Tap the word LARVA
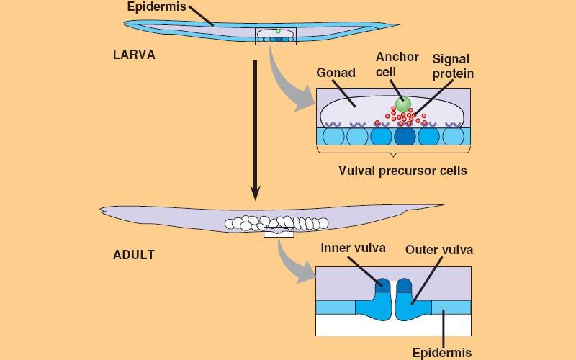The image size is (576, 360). click(x=134, y=55)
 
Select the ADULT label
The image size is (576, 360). click(x=133, y=254)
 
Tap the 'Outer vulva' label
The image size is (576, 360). click(x=438, y=250)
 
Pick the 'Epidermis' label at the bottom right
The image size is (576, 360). click(x=441, y=352)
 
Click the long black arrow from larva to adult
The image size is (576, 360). click(x=255, y=130)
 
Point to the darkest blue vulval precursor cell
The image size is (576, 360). click(x=405, y=136)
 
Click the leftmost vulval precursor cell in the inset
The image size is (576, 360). click(x=333, y=136)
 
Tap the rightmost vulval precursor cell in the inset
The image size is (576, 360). click(x=453, y=136)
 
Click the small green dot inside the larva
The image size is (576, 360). click(x=278, y=31)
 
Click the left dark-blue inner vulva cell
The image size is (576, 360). click(x=382, y=287)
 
